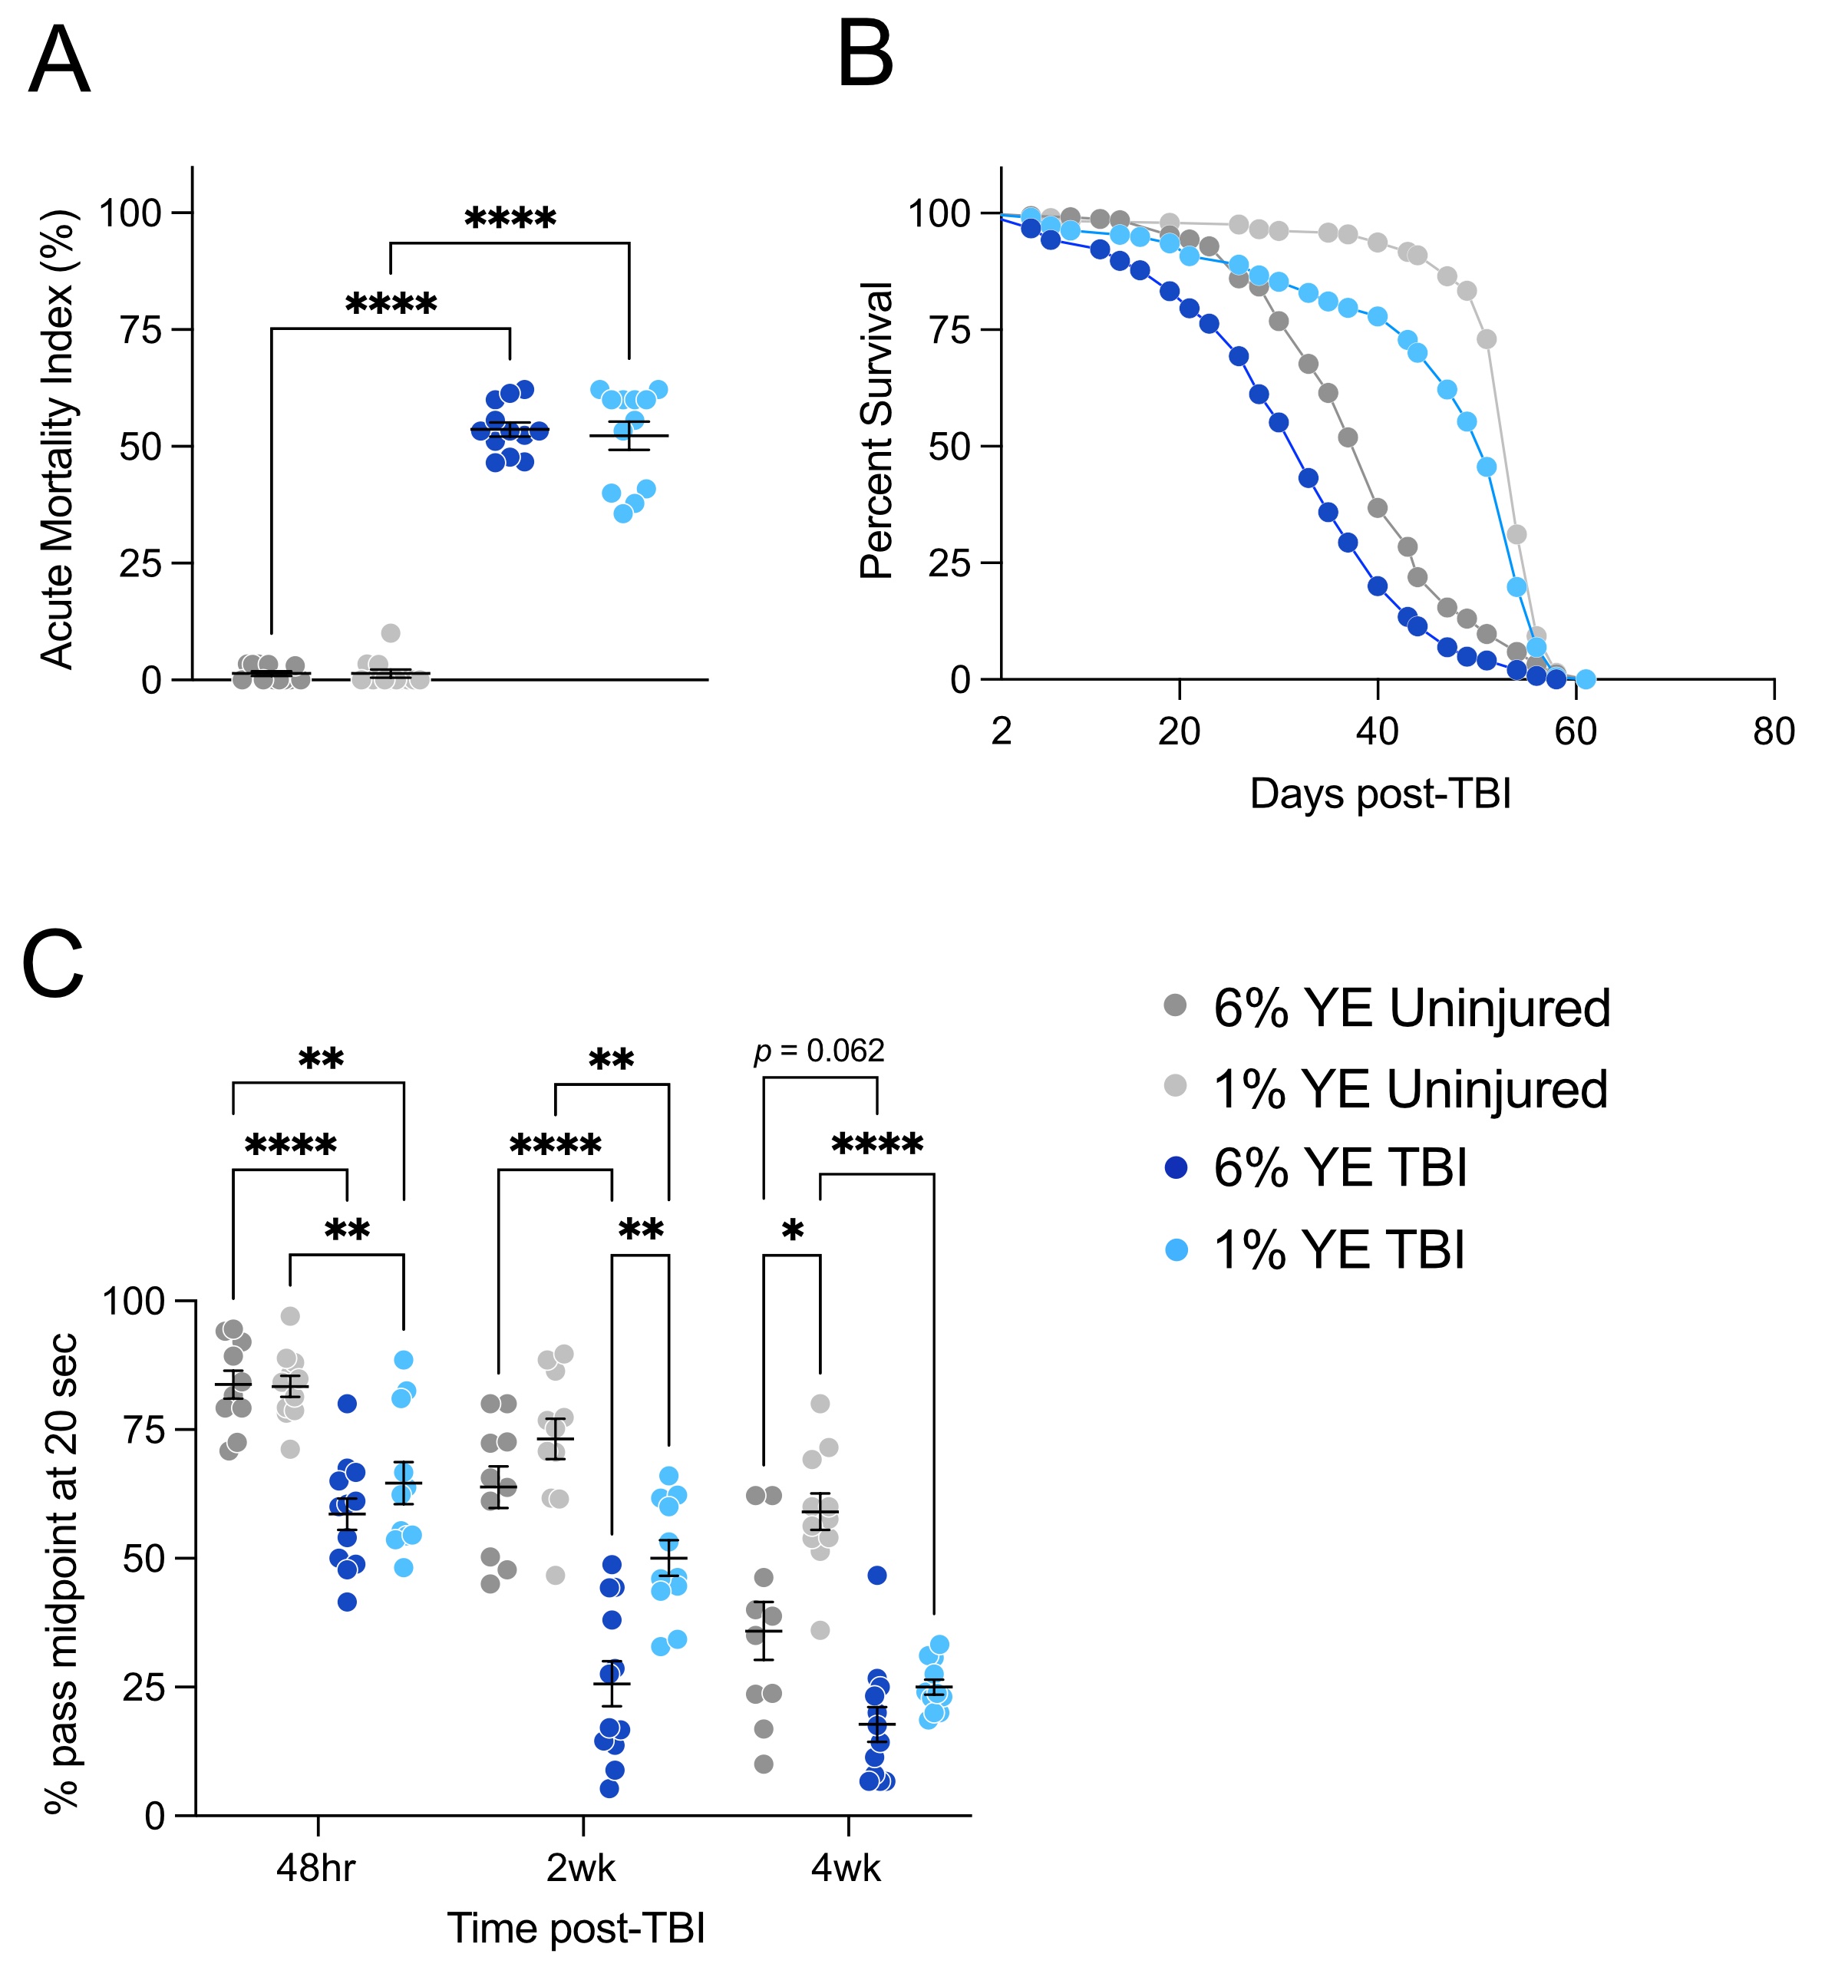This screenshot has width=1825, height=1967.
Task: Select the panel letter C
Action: click(52, 965)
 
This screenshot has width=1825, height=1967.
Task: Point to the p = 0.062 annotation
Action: click(820, 1051)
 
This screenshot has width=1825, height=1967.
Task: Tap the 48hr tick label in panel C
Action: click(316, 1870)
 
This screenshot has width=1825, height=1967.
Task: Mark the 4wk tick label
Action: click(846, 1870)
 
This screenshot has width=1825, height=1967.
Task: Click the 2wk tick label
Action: click(581, 1870)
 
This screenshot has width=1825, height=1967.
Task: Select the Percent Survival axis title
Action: click(877, 430)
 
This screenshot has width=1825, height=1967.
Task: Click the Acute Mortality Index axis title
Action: click(58, 440)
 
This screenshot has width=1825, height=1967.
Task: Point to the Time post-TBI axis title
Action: click(576, 1929)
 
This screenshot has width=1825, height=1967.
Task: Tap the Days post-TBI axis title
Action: click(1381, 794)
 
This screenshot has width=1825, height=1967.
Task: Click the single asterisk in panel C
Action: click(792, 1231)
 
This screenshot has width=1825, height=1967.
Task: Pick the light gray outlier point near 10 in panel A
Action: click(391, 633)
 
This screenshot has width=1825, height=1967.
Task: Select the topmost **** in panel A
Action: click(510, 218)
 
